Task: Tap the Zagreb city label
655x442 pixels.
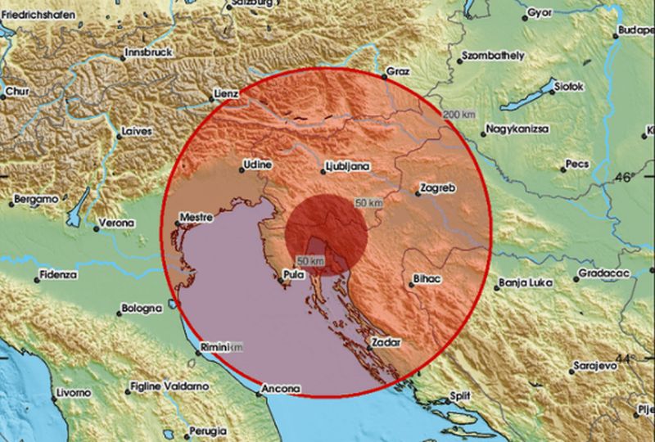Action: (436, 188)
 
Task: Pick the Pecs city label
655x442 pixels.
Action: (577, 165)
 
